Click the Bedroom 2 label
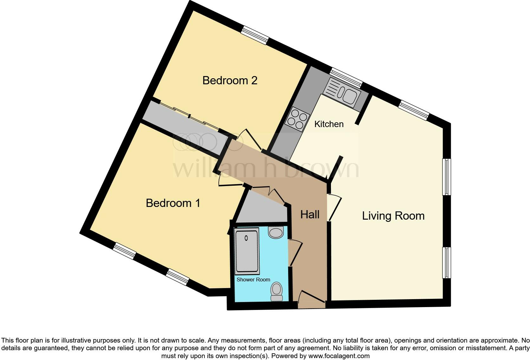[x=230, y=80]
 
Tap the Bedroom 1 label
[x=173, y=203]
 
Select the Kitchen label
[x=329, y=124]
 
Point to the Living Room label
[x=393, y=216]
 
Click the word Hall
[x=310, y=215]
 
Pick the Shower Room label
[x=253, y=280]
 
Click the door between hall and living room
[x=334, y=208]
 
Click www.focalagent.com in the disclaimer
[x=339, y=356]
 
